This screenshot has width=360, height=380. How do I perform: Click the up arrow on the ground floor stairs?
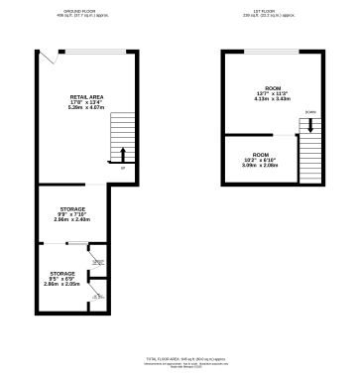(122, 154)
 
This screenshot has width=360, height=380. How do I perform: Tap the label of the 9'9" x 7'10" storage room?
(71, 208)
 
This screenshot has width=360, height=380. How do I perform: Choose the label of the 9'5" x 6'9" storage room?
(62, 272)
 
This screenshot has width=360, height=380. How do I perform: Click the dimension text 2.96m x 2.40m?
(71, 219)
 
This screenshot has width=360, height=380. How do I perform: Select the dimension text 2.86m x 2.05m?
(62, 284)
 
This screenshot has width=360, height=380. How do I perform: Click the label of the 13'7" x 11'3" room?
(260, 88)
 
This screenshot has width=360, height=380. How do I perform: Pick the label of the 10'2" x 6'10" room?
(260, 155)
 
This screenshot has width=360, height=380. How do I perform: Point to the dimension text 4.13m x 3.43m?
(260, 99)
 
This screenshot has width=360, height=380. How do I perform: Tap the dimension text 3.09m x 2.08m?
(260, 166)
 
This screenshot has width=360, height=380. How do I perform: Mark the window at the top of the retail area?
(94, 52)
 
